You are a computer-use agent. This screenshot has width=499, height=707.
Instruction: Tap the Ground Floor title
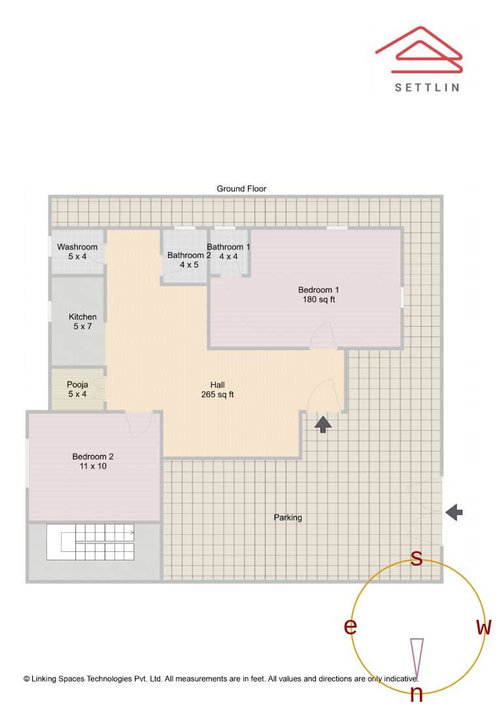click(241, 189)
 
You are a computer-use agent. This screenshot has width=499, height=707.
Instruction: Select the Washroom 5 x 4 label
click(77, 251)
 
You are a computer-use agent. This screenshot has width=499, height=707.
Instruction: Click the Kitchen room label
click(82, 321)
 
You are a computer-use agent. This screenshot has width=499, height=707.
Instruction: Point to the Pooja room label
click(77, 390)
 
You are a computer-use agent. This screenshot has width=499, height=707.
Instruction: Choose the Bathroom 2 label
click(188, 260)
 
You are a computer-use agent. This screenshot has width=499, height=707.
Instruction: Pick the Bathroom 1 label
click(229, 251)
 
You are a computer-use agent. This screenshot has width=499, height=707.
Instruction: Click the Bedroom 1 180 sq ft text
click(318, 295)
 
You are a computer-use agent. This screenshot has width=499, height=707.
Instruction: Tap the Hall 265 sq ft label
click(217, 390)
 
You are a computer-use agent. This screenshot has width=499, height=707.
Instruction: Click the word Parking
click(288, 517)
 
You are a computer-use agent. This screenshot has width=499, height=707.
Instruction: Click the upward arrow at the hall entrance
click(322, 424)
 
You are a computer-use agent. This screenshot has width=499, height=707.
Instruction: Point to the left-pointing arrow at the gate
click(455, 512)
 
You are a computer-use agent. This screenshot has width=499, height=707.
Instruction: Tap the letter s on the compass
click(415, 558)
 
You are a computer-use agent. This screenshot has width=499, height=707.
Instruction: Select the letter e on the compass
click(351, 626)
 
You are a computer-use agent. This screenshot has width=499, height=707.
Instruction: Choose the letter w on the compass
click(483, 627)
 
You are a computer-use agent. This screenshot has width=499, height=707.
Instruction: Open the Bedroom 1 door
click(322, 336)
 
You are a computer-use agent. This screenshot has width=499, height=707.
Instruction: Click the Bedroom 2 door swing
click(140, 424)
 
